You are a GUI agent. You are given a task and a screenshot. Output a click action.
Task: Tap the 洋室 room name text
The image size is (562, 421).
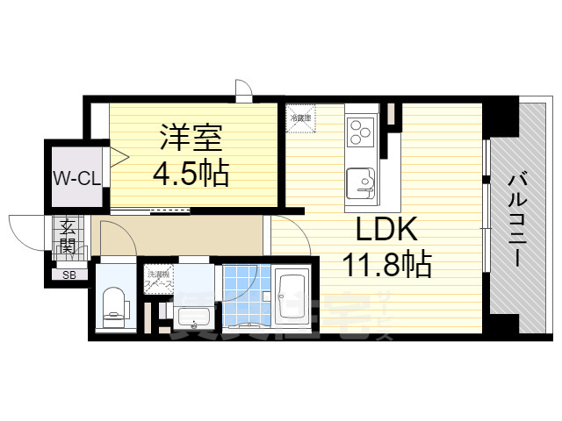click(190, 139)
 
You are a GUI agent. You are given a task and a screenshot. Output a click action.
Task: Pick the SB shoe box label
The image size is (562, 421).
click(68, 275)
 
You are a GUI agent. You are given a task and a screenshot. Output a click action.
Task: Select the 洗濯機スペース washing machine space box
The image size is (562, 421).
click(159, 279)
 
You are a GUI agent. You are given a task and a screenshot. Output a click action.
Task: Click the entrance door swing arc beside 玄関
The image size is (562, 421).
click(26, 230)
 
